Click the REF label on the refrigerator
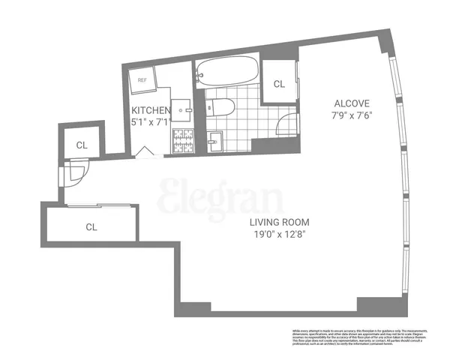click(x=140, y=76)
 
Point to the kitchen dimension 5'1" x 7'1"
click(x=153, y=120)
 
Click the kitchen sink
click(x=182, y=109)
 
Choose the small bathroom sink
click(x=214, y=139)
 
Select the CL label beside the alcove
click(x=279, y=84)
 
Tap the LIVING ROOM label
click(x=280, y=223)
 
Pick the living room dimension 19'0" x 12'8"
click(x=280, y=234)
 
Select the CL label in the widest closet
click(x=91, y=226)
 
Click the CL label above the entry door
click(x=81, y=145)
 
